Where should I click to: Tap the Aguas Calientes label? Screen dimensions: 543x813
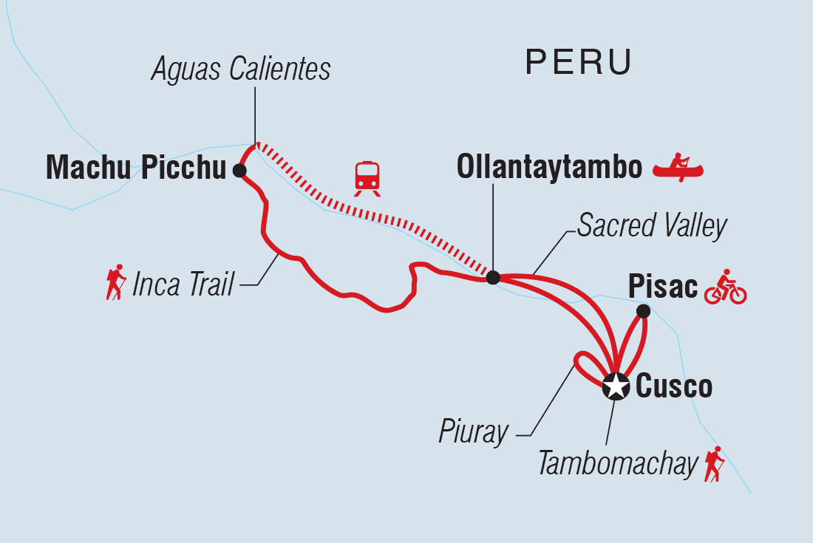tap(241, 69)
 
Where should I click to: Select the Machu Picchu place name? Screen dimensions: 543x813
tap(135, 169)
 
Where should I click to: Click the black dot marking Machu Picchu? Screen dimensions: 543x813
tap(239, 171)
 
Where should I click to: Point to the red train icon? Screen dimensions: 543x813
tap(367, 178)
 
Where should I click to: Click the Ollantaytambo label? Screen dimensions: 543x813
tap(549, 168)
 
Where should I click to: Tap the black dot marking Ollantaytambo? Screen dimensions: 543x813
tap(493, 278)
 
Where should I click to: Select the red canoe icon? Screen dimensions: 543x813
tap(678, 168)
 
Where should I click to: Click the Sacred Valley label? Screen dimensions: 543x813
tap(652, 226)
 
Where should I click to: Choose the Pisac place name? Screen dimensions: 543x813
tap(662, 287)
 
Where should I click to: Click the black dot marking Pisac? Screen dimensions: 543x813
tap(643, 312)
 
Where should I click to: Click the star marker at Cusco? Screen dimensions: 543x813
tap(614, 386)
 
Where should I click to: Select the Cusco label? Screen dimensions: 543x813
tap(673, 386)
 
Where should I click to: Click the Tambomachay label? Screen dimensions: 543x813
tap(617, 464)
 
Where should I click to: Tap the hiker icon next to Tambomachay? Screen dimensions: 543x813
tap(714, 464)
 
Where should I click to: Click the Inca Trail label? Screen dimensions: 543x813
tap(183, 284)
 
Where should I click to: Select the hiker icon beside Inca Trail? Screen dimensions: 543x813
tap(116, 282)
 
